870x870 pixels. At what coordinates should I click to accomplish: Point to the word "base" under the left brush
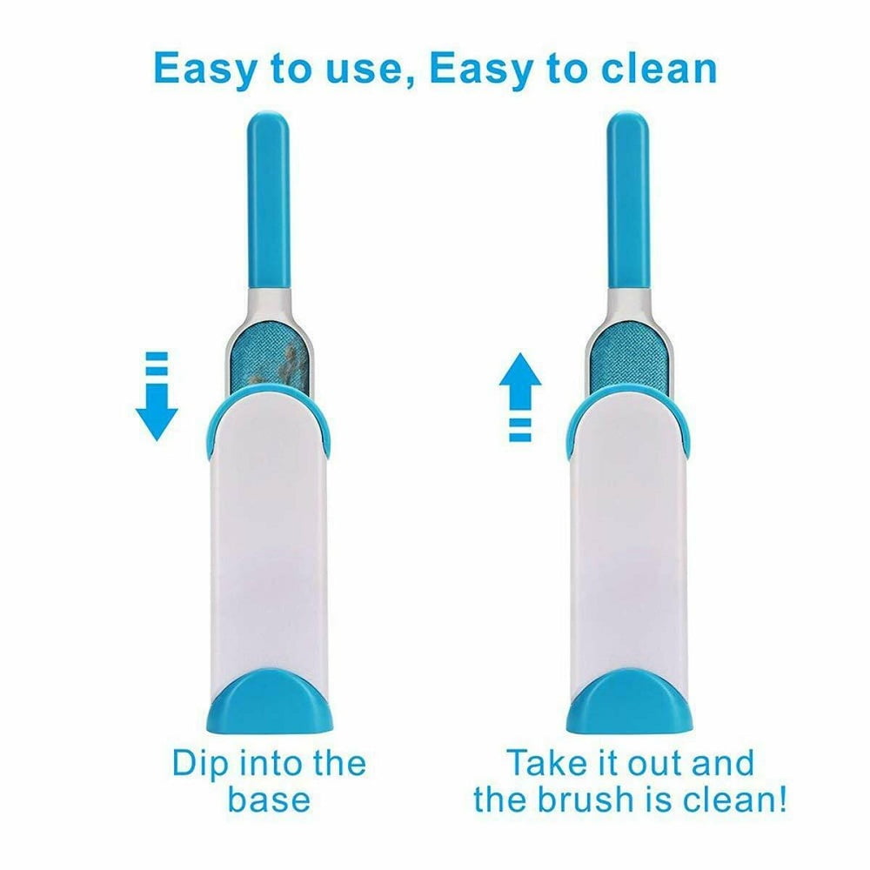269,800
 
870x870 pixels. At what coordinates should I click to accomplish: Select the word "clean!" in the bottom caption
733,799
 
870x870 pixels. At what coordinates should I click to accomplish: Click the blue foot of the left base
270,701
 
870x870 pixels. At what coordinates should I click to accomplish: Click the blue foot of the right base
630,701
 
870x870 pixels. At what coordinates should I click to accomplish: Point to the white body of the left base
269,532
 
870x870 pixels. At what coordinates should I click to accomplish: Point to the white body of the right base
630,532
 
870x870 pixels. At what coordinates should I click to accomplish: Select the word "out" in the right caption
655,764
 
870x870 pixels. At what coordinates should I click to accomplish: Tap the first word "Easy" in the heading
203,70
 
